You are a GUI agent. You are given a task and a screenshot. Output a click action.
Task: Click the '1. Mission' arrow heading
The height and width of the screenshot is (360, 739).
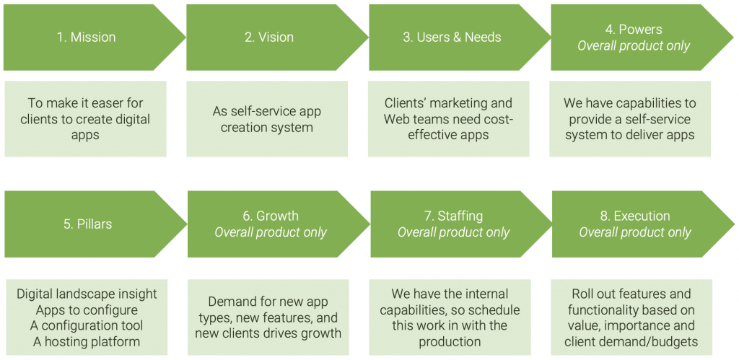pos(86,38)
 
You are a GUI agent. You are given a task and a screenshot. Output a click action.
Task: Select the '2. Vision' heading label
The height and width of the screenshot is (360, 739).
pos(268,38)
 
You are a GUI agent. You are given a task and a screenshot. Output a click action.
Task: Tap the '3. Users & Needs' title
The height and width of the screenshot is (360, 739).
pos(451,38)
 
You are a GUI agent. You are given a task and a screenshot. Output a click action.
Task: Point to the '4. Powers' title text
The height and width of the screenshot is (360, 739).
pos(634,30)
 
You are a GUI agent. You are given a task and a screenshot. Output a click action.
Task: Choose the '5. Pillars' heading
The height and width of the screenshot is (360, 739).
pos(86,224)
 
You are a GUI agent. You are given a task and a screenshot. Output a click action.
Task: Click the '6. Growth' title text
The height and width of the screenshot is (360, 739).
pos(270,216)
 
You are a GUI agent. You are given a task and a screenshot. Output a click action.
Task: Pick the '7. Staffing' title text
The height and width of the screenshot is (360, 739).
pos(453,216)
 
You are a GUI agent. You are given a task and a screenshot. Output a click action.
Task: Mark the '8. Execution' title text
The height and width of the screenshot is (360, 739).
pos(634,216)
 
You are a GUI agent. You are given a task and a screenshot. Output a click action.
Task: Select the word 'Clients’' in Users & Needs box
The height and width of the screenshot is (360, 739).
pos(410,103)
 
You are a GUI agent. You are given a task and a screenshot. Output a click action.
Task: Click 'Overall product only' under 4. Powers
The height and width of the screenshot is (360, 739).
pos(634,46)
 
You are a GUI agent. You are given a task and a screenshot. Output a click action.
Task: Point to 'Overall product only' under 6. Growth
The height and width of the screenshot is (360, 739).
pos(270,232)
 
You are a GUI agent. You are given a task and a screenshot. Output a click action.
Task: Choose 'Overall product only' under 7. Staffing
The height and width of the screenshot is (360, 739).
pos(453,232)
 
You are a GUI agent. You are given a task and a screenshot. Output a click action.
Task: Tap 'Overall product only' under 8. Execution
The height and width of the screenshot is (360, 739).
pos(634,232)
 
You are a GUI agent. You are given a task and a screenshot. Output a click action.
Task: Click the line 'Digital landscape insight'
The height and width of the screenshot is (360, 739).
pos(87,294)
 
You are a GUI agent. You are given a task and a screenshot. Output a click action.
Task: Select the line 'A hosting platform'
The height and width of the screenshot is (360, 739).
pos(87,341)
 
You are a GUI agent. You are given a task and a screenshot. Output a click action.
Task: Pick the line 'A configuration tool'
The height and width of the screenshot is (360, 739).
pos(87,325)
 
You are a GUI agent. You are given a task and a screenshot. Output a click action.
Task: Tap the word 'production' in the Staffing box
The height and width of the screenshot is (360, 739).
pos(450,341)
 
